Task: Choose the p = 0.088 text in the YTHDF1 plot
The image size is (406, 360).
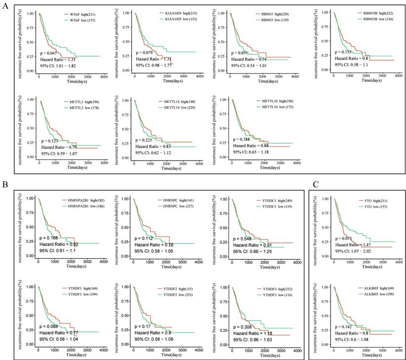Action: (x=51, y=327)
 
